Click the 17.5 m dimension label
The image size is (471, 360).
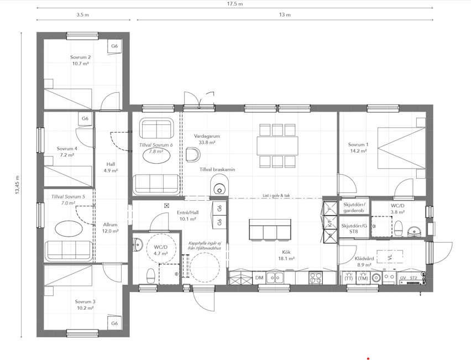pos(235,4)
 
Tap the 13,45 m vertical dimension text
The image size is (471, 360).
pos(17,185)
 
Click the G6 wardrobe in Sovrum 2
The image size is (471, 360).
pos(114,46)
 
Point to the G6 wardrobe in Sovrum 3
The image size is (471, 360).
pos(114,324)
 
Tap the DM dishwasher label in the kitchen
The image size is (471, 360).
pos(259,278)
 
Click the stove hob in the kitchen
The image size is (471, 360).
pos(316,278)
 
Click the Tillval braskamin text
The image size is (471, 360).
pos(217,169)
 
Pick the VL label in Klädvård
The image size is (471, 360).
pos(390,258)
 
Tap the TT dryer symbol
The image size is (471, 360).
pos(349,278)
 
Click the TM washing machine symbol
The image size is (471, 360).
pos(363,278)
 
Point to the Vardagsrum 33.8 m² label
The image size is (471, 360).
pos(207,139)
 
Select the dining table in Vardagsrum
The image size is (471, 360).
pos(278,146)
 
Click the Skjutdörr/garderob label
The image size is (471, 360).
pos(354,207)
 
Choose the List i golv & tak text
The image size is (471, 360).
pos(276,196)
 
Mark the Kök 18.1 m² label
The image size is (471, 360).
pos(286,255)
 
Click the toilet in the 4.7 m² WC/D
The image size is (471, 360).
pos(150,276)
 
